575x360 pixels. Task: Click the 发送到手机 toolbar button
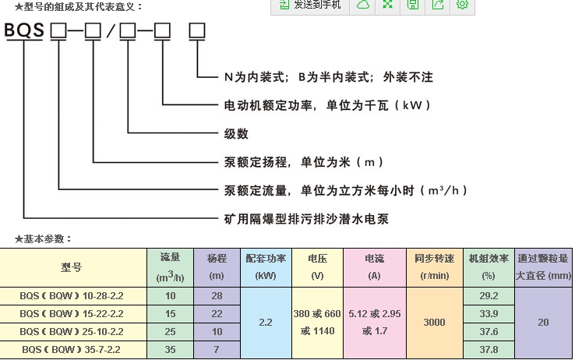(310, 5)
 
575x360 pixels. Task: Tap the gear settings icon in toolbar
(462, 5)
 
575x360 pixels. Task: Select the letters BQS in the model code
(24, 32)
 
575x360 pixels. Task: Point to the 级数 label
(236, 133)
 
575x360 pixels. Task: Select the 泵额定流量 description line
(346, 190)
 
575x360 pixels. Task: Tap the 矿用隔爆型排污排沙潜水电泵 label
(306, 219)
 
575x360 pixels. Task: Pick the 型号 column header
(72, 267)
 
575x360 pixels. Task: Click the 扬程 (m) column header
(216, 266)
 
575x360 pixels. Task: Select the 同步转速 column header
(434, 266)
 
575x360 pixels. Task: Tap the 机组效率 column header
(489, 266)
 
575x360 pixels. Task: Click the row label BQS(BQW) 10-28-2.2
(72, 296)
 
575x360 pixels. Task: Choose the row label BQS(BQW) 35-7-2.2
(72, 350)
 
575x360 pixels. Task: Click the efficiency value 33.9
(489, 314)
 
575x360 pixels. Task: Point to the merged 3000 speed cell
(434, 323)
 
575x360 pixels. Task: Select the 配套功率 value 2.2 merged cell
(266, 323)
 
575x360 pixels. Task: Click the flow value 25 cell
(171, 332)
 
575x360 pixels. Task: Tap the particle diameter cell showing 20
(544, 323)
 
